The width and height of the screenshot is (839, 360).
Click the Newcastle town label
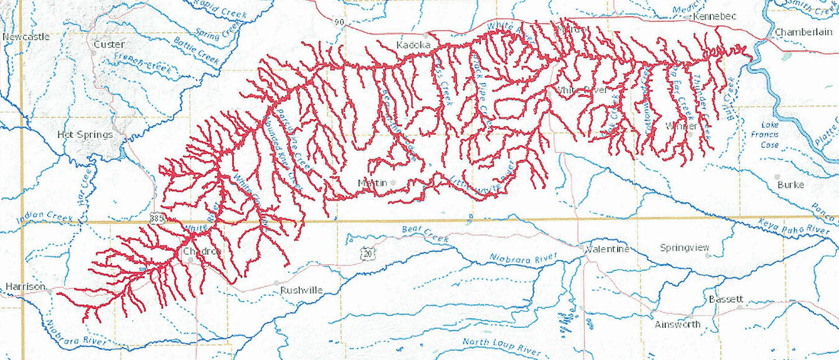[x=26, y=37]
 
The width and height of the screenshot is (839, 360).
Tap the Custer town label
[x=109, y=44]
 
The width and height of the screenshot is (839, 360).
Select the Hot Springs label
[x=85, y=135]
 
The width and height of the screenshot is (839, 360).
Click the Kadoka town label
[x=413, y=45]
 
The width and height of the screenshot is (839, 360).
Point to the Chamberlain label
[x=803, y=32]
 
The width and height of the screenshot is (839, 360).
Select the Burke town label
[x=791, y=185]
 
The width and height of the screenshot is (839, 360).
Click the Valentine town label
[x=608, y=249]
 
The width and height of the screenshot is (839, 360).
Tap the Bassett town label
[x=726, y=299]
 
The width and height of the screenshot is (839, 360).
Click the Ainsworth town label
[x=677, y=324]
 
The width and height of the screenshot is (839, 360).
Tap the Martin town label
[x=372, y=183]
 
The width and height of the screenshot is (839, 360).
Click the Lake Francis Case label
[x=770, y=135]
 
